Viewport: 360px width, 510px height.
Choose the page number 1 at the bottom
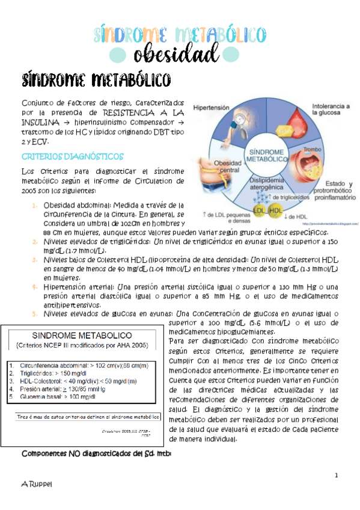pyautogui.click(x=338, y=476)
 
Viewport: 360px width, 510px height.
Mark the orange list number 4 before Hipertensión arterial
pyautogui.click(x=35, y=287)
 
